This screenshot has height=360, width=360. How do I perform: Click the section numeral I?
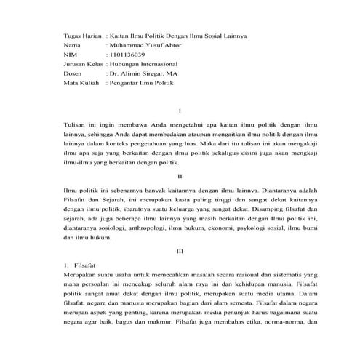point(180,111)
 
